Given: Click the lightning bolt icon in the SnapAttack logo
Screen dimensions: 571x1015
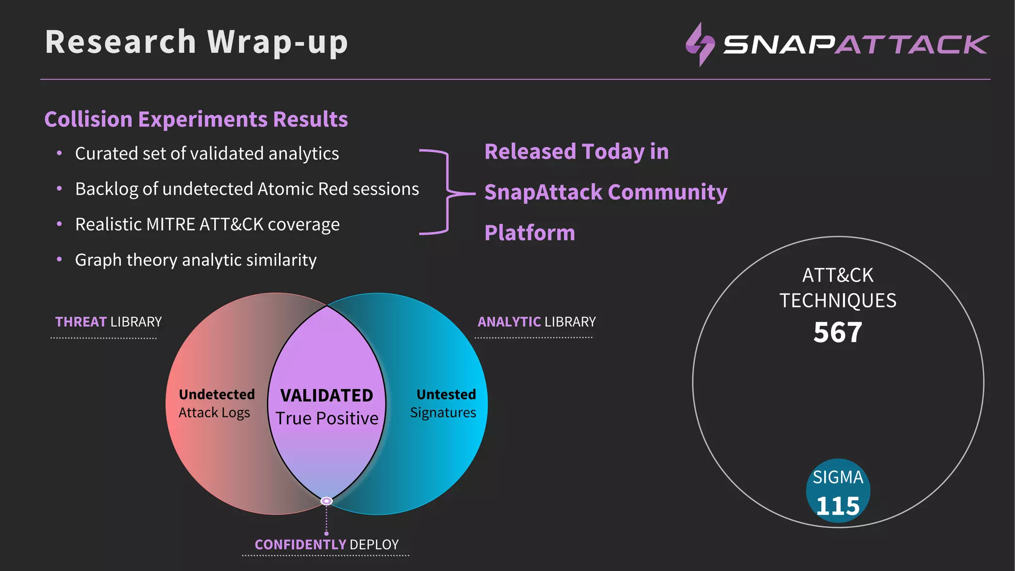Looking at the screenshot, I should [700, 45].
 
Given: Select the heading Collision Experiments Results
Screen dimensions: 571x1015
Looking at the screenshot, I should [196, 119].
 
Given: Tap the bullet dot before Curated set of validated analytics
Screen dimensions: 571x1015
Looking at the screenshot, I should [59, 153].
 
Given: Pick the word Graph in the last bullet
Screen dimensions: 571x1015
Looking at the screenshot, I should [98, 260].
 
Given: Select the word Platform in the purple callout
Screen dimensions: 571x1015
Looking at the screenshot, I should [529, 233].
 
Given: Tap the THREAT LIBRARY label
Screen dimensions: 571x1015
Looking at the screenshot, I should [108, 322].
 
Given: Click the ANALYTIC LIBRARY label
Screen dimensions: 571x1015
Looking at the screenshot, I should [536, 322].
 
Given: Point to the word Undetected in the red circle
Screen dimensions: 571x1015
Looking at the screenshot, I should [217, 395].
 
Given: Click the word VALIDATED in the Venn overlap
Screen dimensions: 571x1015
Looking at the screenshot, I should [327, 396].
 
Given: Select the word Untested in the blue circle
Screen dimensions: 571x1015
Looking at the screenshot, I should [446, 395].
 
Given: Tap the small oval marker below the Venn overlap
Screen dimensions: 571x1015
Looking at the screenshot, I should [327, 501].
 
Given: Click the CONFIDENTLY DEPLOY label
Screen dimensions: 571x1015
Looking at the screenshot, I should [327, 545].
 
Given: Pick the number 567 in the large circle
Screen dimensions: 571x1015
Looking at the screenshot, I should [838, 332].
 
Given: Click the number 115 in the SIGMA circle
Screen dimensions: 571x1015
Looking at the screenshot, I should [838, 506].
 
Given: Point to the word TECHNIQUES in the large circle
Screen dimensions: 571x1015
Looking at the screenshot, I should [838, 301].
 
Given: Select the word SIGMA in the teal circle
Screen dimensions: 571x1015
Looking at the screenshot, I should [838, 477].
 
